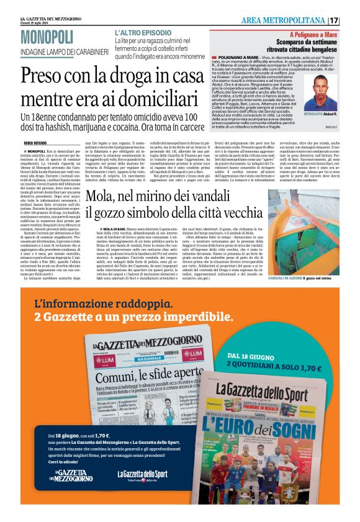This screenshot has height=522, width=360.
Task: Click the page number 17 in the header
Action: (351, 21)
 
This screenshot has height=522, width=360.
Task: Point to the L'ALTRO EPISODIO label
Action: (140, 31)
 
